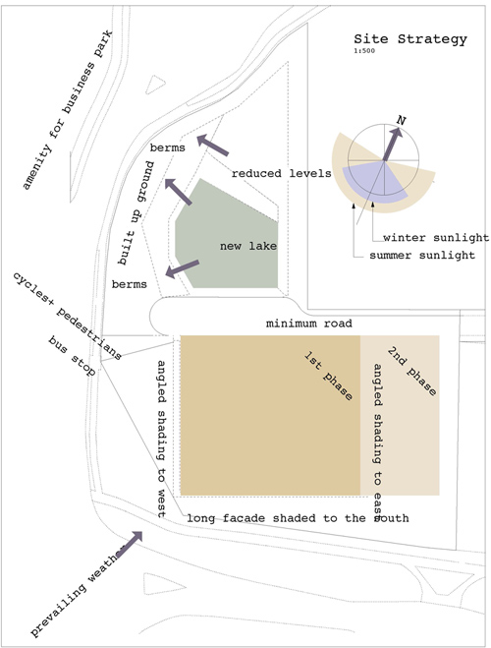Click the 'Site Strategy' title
point(410,39)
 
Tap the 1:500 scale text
point(364,51)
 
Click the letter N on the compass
point(401,120)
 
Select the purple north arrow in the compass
point(392,145)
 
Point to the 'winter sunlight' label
point(436,238)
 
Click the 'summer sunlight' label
point(422,255)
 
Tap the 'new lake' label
point(248,246)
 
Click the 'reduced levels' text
point(282,173)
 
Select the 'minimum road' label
point(309,324)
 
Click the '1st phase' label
point(328,376)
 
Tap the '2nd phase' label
point(411,371)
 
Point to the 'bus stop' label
point(72,356)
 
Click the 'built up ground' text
point(136,213)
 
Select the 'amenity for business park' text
point(67,110)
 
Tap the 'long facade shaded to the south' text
point(298,518)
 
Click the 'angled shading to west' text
point(161,439)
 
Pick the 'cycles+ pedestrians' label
point(68,317)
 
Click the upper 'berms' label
point(167,147)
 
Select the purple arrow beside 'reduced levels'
point(212,146)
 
